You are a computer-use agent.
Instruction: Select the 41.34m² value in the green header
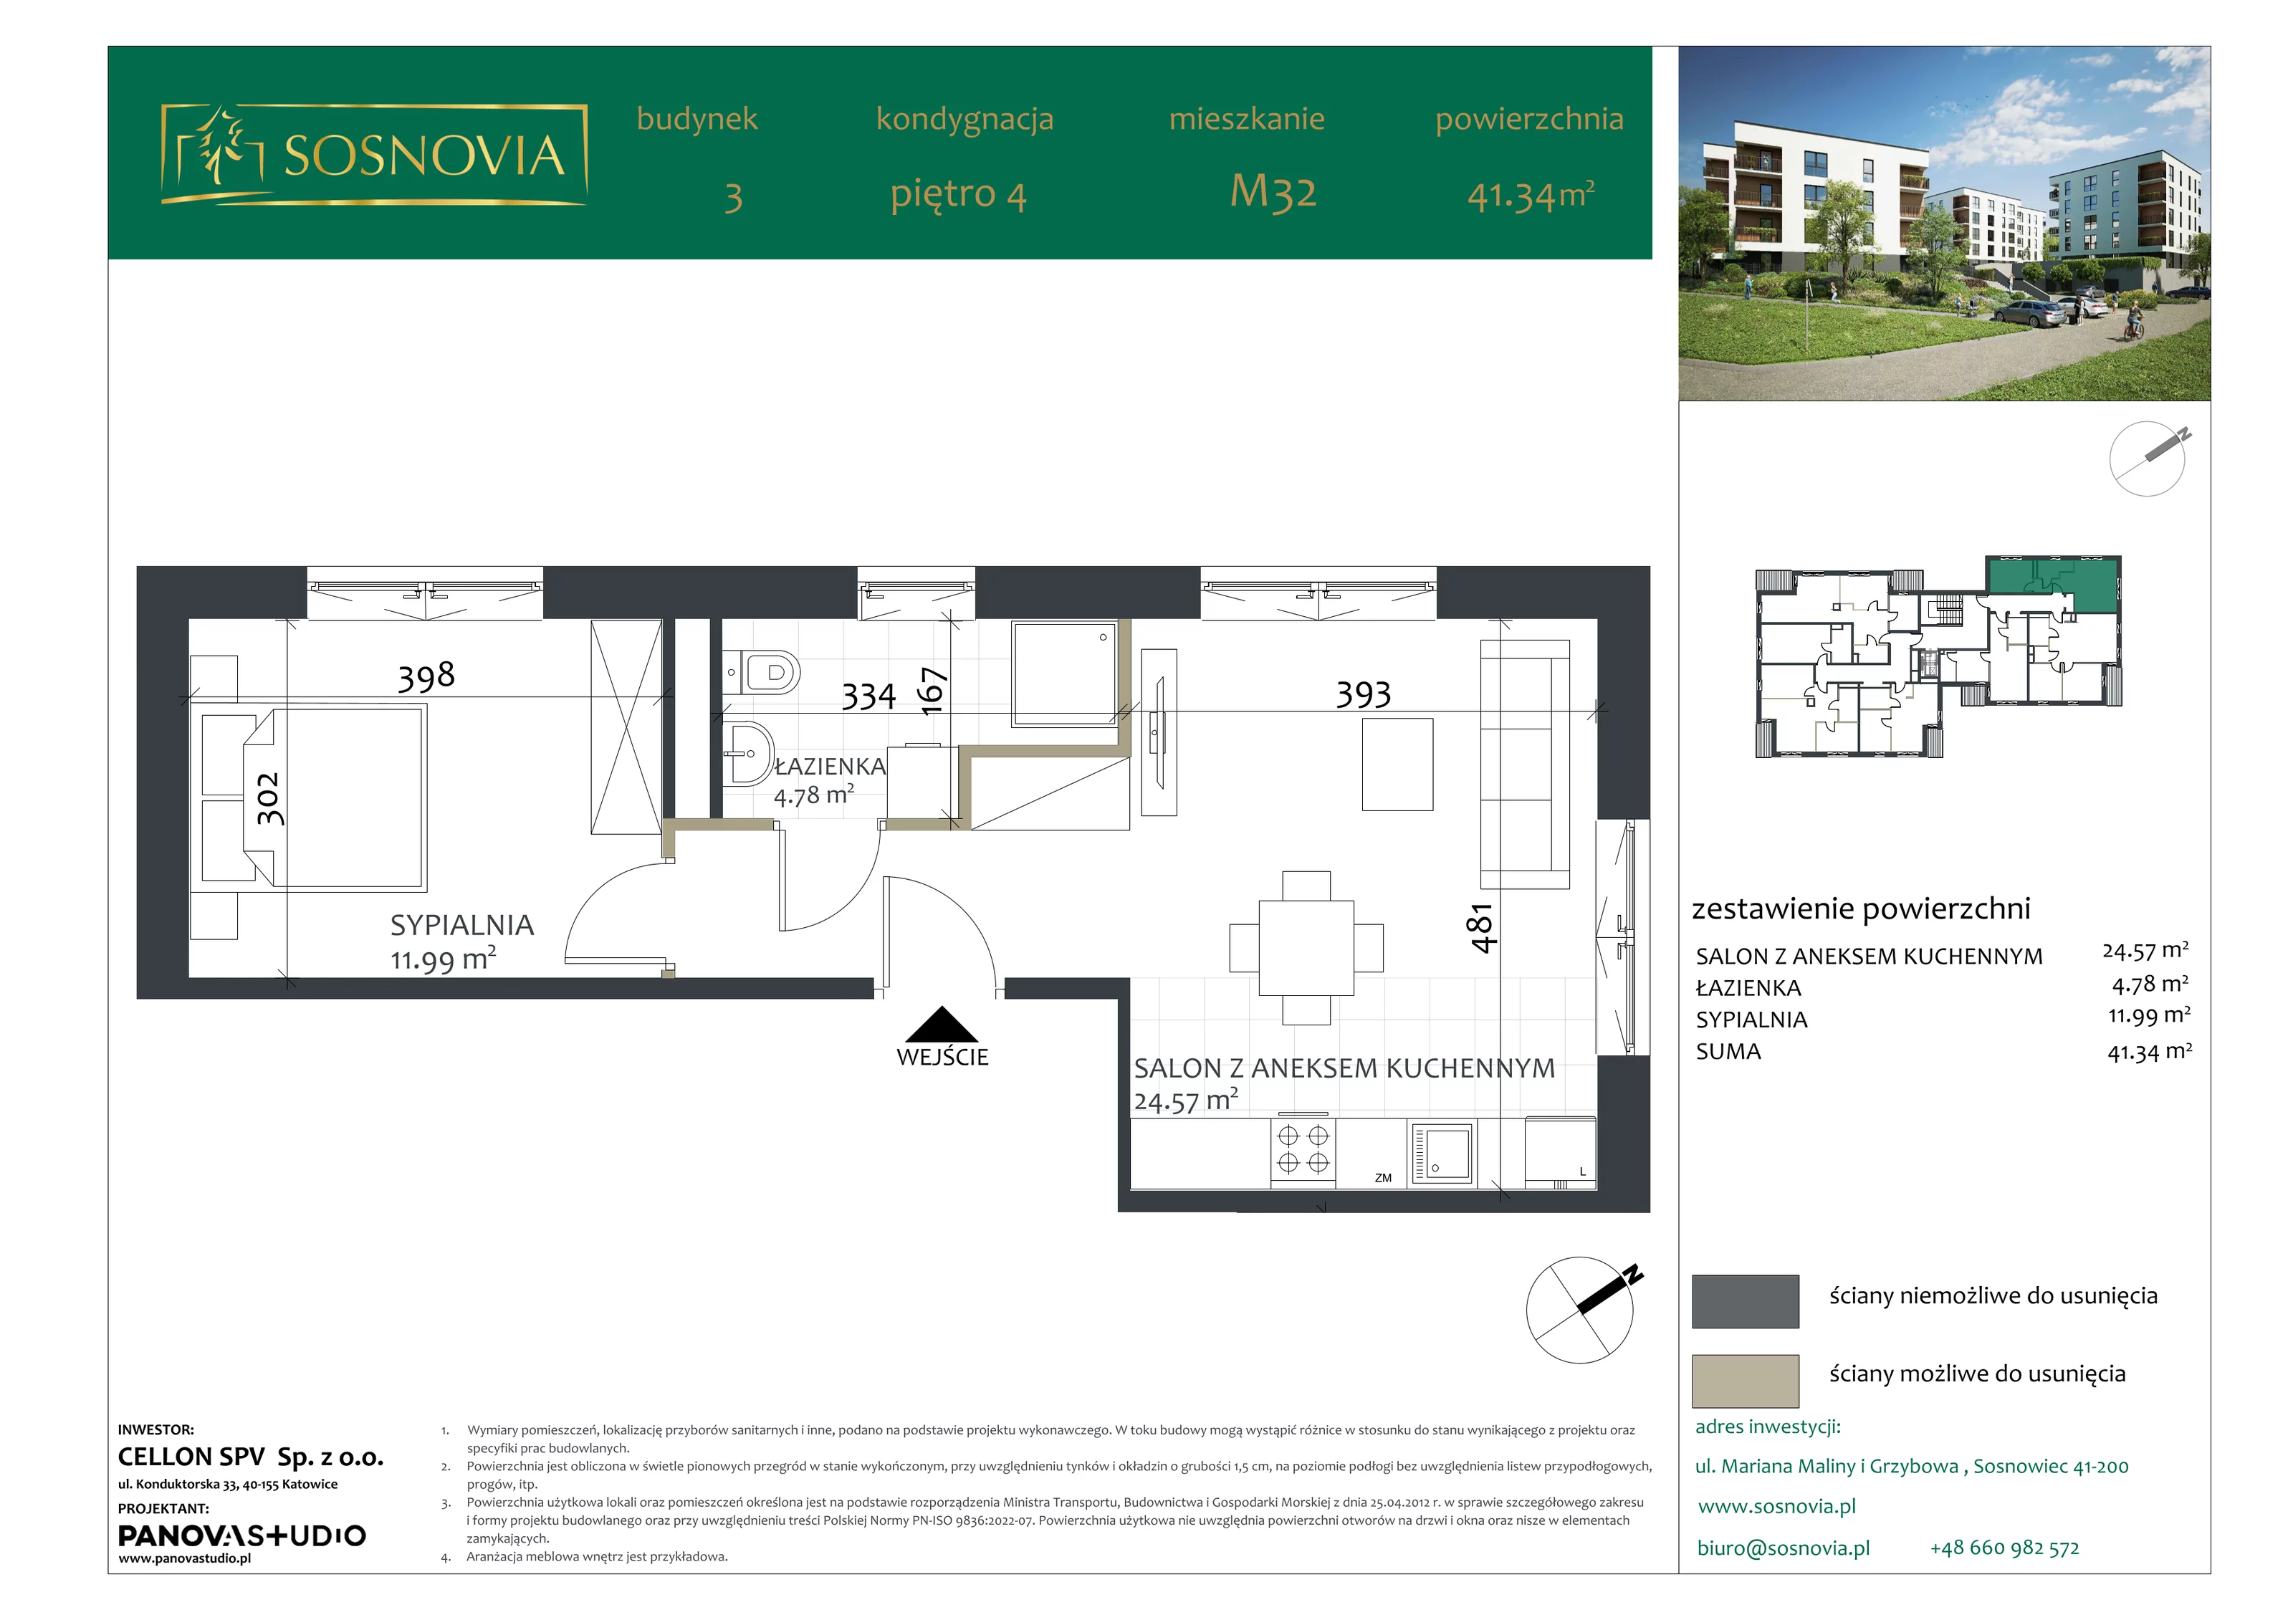(x=1530, y=196)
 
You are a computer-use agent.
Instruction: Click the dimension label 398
(x=426, y=676)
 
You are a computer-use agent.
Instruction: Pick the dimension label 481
(x=1480, y=928)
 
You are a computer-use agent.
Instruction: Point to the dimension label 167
(x=931, y=691)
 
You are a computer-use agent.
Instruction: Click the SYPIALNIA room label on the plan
(x=461, y=926)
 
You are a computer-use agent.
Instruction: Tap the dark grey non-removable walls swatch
(x=1745, y=1301)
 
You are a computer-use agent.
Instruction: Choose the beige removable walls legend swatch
(x=1745, y=1381)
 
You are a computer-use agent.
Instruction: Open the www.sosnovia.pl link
(x=1776, y=1506)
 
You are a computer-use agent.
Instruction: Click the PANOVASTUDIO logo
(x=241, y=1535)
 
